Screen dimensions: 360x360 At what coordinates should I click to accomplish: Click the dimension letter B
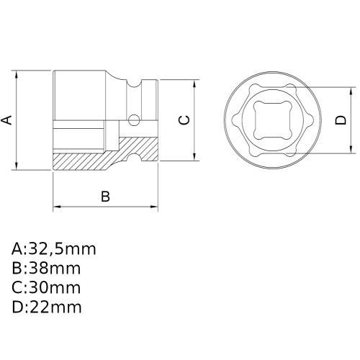105,196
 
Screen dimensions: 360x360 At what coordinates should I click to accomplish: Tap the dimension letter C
184,120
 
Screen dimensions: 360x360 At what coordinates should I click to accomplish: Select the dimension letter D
341,121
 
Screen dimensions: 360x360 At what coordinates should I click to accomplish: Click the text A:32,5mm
54,250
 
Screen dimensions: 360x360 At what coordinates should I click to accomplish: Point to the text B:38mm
46,269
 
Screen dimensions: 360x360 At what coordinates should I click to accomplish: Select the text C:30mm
46,288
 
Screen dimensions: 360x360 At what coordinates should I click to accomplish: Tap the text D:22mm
47,307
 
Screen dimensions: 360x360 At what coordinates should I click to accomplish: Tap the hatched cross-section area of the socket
86,159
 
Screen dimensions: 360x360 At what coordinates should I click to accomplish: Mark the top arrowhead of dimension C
195,82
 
